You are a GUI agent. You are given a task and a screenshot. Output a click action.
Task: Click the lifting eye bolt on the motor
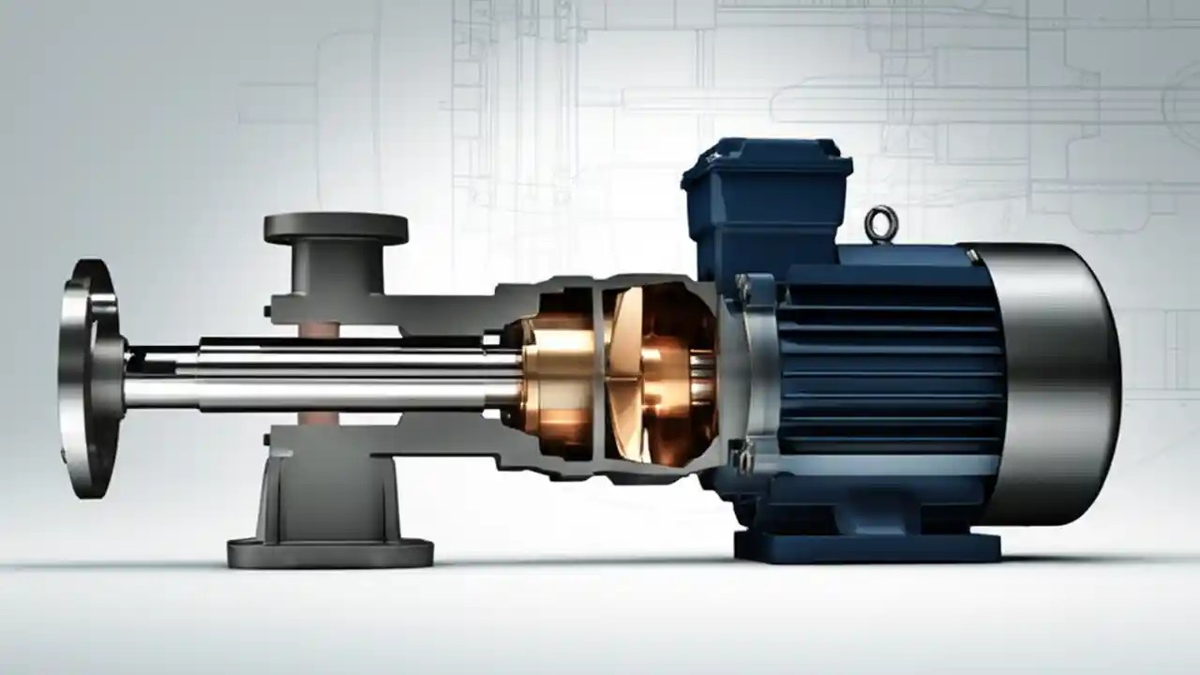pyautogui.click(x=881, y=224)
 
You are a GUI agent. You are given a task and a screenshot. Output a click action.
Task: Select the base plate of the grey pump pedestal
pyautogui.click(x=329, y=552)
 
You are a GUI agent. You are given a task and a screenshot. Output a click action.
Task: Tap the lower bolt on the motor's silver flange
pyautogui.click(x=745, y=460)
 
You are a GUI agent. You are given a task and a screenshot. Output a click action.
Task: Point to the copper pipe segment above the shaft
pyautogui.click(x=318, y=330)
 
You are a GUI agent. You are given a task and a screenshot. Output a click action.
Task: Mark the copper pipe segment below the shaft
pyautogui.click(x=318, y=418)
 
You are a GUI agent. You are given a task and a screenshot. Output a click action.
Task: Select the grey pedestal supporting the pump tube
pyautogui.click(x=329, y=487)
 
